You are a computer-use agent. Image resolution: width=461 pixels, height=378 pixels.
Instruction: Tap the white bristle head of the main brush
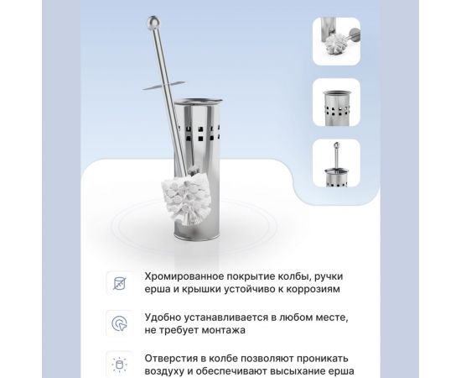[186, 198]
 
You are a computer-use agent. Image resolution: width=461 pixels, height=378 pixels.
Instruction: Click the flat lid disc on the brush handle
[163, 85]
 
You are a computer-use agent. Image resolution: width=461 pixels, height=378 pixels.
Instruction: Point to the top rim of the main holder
[198, 102]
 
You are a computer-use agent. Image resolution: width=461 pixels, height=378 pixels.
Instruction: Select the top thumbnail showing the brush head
[337, 41]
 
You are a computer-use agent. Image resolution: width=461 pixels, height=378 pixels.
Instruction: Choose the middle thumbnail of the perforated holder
[337, 102]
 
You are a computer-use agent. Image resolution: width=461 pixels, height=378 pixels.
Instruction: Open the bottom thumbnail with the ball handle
[337, 163]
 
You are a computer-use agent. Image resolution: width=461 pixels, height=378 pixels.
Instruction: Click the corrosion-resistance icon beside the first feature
[119, 283]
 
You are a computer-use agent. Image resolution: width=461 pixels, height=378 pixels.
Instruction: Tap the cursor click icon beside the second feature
[119, 323]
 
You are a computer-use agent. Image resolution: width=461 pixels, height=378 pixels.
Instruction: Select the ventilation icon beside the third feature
[119, 365]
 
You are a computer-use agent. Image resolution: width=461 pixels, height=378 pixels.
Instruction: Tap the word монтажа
[223, 330]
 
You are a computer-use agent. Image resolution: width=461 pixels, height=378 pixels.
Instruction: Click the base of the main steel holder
[197, 235]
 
